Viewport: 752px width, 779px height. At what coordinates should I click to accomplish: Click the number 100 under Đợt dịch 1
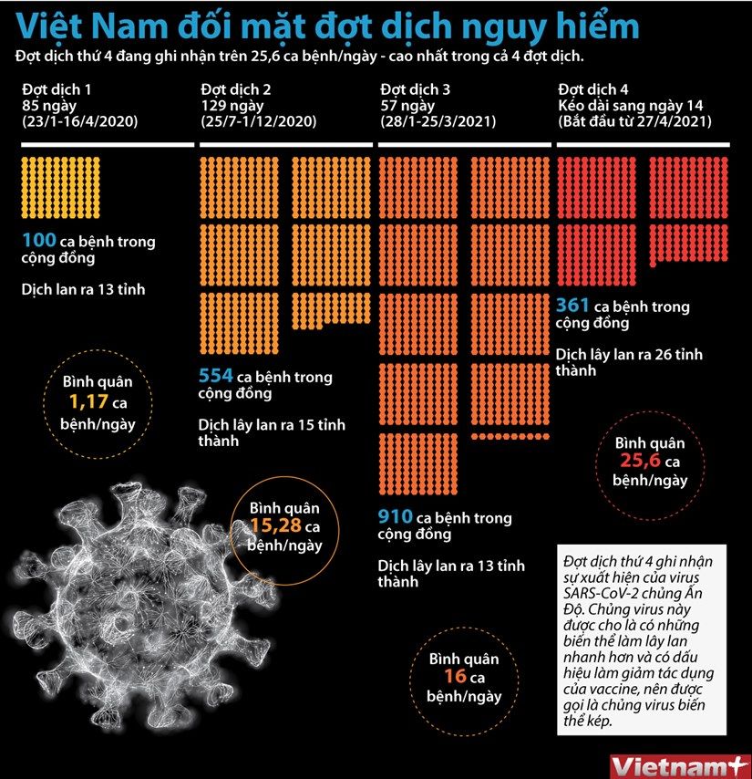pyautogui.click(x=39, y=240)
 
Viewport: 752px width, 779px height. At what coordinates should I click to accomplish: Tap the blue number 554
pyautogui.click(x=216, y=376)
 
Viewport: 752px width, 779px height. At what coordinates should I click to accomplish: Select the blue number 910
pyautogui.click(x=395, y=516)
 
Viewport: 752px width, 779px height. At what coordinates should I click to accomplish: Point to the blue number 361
pyautogui.click(x=572, y=305)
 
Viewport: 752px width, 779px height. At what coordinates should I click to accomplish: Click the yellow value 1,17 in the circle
pyautogui.click(x=88, y=401)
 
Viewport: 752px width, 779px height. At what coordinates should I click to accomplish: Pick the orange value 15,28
pyautogui.click(x=275, y=525)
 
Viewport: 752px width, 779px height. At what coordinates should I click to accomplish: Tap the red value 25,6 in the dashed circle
pyautogui.click(x=640, y=461)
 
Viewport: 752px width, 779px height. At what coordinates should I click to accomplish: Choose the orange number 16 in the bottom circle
pyautogui.click(x=455, y=676)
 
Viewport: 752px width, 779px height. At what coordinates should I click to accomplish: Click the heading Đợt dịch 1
pyautogui.click(x=57, y=89)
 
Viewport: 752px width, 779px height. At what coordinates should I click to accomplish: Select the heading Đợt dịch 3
pyautogui.click(x=415, y=89)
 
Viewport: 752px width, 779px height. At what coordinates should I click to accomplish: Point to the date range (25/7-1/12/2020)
pyautogui.click(x=259, y=121)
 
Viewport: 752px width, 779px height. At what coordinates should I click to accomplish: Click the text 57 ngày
pyautogui.click(x=407, y=105)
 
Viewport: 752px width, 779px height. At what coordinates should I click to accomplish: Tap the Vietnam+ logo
pyautogui.click(x=679, y=766)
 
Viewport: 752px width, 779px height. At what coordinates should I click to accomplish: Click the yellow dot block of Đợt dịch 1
pyautogui.click(x=60, y=187)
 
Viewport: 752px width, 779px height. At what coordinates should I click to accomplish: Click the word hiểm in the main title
pyautogui.click(x=601, y=26)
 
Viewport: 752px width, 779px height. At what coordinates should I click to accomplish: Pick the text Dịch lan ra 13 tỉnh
pyautogui.click(x=83, y=289)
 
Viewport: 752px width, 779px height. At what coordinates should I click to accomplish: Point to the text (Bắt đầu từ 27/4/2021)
pyautogui.click(x=634, y=121)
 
